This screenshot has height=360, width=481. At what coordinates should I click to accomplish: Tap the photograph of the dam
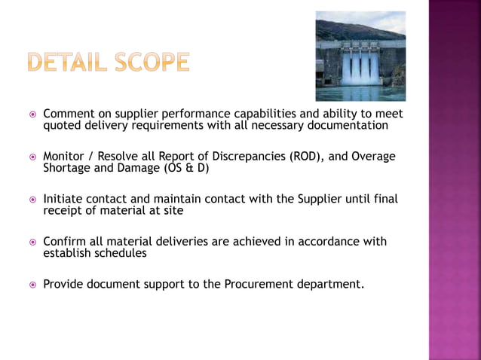[360, 56]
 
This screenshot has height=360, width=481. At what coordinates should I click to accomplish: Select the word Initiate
[66, 199]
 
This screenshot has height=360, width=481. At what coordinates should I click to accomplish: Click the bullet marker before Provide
[32, 285]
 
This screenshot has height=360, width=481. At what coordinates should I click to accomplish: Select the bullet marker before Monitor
[32, 157]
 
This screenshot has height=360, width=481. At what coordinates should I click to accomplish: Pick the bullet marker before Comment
[32, 114]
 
